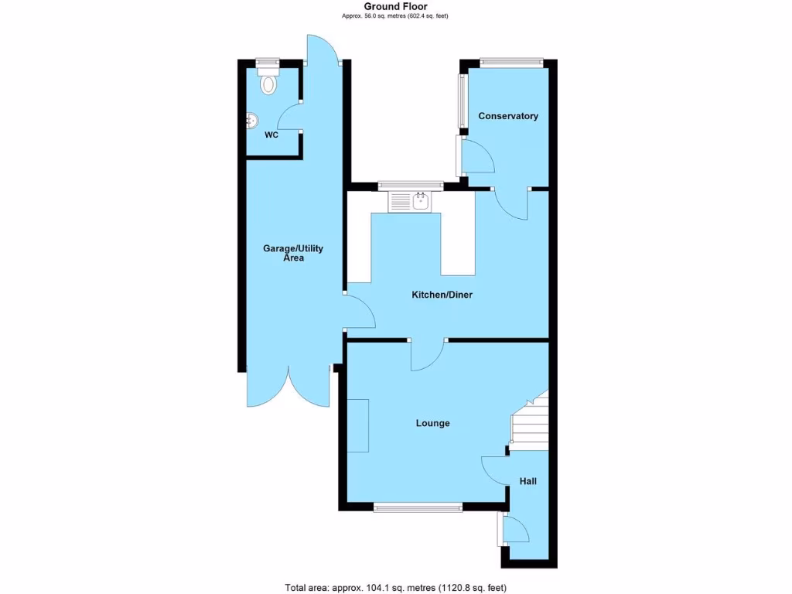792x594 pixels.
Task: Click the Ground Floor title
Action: coord(395,6)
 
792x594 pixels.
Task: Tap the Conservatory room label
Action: coord(507,116)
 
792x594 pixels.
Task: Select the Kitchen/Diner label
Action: coord(441,295)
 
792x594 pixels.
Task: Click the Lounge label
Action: coord(432,423)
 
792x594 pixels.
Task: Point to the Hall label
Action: coord(527,481)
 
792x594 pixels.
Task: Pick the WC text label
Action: coord(271,135)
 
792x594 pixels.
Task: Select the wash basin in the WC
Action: coord(252,121)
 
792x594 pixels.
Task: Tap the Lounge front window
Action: coord(418,507)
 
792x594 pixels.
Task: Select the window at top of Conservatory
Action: coord(510,63)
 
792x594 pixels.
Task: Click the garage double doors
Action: coord(288,391)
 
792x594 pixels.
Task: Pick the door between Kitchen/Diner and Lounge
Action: coord(426,355)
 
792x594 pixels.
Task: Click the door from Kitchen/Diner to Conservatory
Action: coord(510,203)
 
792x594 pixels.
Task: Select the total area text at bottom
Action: coord(395,587)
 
